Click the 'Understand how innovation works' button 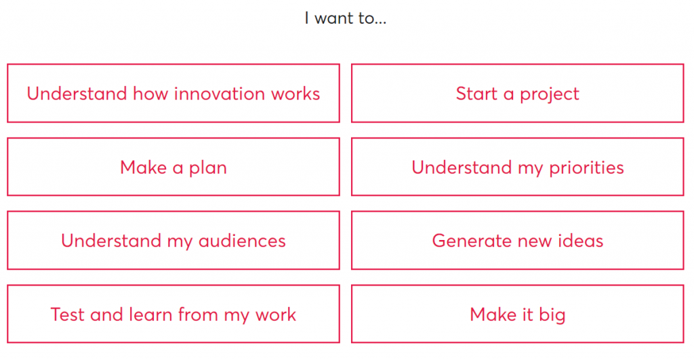173,93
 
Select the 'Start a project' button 517,93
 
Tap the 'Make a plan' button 173,167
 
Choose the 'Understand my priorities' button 517,167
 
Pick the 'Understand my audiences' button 173,240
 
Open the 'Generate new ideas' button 517,240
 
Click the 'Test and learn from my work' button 173,313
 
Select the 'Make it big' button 517,313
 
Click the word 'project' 549,95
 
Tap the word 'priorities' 586,168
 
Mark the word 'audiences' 242,241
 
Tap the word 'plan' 208,169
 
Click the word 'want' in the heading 334,18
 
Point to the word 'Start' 476,94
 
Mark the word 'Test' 68,315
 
